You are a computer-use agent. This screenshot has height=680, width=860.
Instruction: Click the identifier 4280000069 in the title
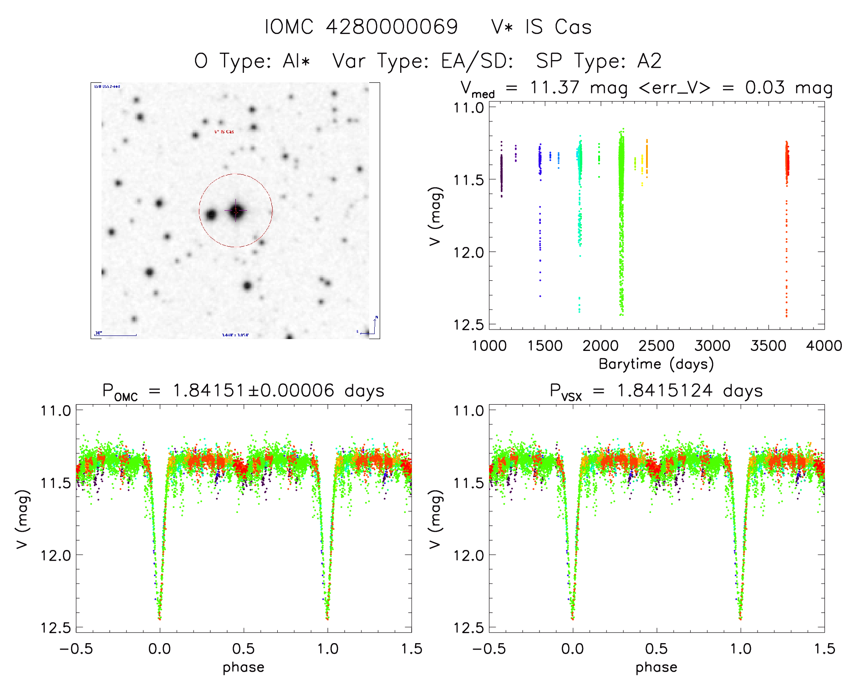tap(392, 27)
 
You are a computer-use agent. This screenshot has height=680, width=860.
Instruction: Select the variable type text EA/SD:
tap(477, 61)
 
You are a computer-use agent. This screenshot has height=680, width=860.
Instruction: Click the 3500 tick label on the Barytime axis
tap(768, 345)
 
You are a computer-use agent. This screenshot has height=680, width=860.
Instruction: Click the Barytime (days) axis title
tap(656, 364)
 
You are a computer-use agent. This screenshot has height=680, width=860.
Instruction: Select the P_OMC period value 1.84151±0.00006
tap(253, 391)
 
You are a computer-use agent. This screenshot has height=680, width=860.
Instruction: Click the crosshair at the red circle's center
tap(236, 211)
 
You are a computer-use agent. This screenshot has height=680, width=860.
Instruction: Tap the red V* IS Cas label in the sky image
tap(224, 132)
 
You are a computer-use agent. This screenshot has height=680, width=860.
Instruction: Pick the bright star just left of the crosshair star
tap(211, 215)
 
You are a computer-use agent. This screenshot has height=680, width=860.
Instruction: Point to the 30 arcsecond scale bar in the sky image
tap(115, 335)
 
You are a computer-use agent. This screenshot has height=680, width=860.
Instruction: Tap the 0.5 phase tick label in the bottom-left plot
tap(244, 649)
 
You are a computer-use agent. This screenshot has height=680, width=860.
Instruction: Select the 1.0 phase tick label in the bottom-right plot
tap(741, 649)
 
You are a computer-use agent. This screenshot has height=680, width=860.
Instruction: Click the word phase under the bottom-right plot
tap(656, 667)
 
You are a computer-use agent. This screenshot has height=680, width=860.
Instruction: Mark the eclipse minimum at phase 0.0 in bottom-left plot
tap(159, 618)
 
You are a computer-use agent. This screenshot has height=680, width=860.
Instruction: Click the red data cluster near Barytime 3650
tap(787, 164)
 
